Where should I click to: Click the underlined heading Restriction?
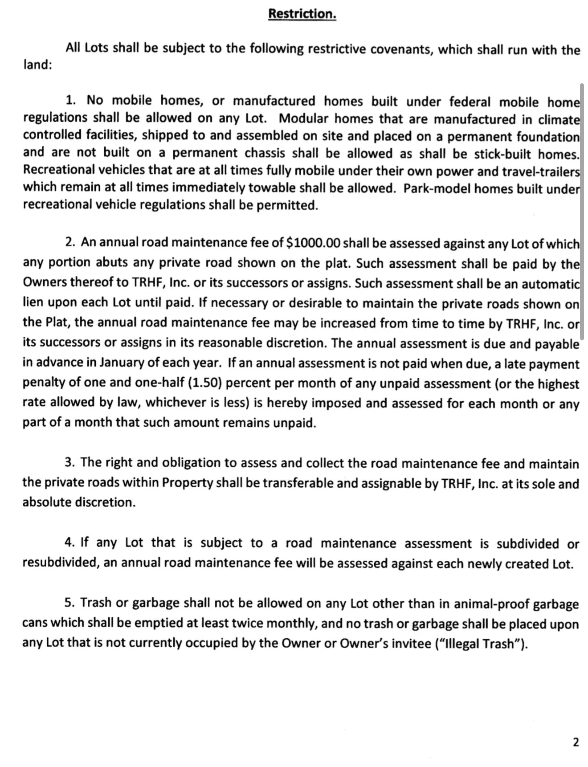[302, 14]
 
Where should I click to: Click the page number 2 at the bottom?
[576, 742]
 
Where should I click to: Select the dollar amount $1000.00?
[313, 243]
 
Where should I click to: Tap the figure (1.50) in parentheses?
[202, 383]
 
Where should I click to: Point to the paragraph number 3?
[69, 462]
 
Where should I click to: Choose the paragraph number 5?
[69, 603]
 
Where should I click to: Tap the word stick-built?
[502, 154]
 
